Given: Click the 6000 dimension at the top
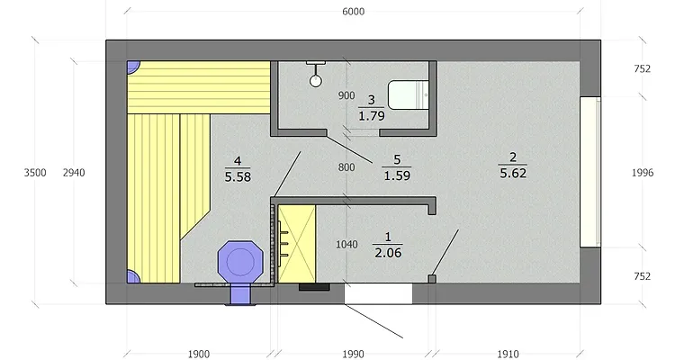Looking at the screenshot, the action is (x=354, y=12).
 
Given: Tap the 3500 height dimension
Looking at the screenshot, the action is (x=35, y=173).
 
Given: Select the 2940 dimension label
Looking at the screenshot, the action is (x=74, y=173).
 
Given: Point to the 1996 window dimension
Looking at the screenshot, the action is (x=643, y=173).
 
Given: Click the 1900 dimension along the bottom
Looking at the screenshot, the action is (x=199, y=354).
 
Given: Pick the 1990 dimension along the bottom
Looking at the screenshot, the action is (x=353, y=354).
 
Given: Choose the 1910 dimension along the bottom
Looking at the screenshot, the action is (x=508, y=354).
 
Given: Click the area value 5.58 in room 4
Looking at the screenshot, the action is (x=238, y=176).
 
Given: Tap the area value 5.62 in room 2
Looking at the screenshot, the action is (x=513, y=173).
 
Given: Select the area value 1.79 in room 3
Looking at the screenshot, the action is (x=372, y=116).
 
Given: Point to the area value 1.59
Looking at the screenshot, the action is (x=397, y=175).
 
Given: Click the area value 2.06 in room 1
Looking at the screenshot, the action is (x=388, y=253).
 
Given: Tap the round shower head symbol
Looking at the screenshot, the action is (x=315, y=81).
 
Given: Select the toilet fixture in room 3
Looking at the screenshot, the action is (x=409, y=94).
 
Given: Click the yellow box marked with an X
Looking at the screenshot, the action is (x=297, y=244).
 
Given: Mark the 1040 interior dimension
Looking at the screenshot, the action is (x=346, y=245).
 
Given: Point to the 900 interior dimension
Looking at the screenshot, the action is (x=346, y=95).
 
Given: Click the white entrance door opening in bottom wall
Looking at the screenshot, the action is (x=378, y=293).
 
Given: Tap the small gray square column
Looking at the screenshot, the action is (x=432, y=279).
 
